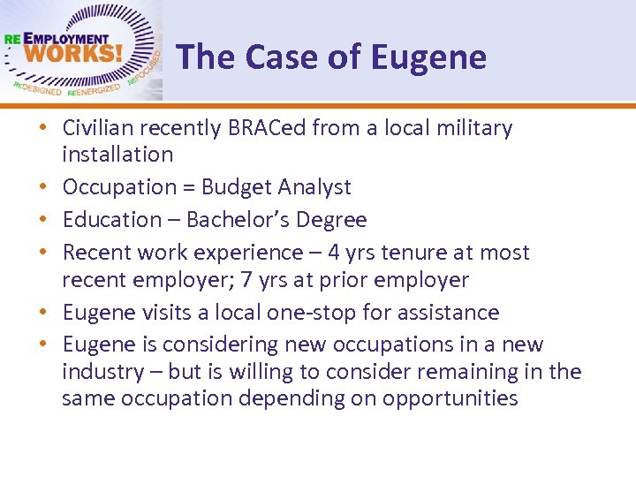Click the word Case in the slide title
coord(280,57)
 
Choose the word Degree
coord(333,219)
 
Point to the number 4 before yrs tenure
coord(334,252)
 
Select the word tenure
coord(415,252)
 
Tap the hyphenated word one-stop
coord(290,312)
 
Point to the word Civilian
coord(97,128)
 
